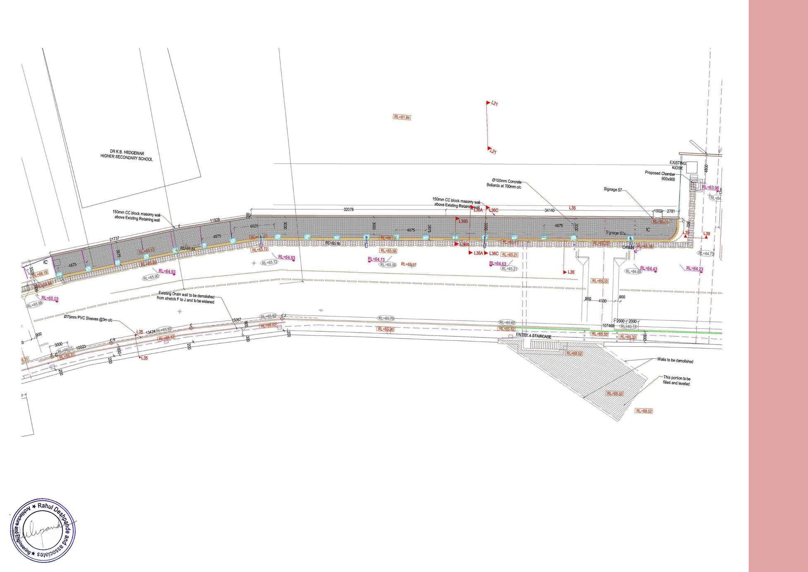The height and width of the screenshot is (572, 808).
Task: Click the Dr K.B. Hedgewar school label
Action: (x=126, y=155)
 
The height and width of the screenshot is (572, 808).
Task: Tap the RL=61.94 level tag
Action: (x=402, y=117)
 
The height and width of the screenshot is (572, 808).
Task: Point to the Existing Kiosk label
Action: (x=678, y=165)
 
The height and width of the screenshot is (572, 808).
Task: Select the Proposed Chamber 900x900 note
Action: (x=660, y=176)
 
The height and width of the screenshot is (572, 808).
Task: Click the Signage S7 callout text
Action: (x=613, y=190)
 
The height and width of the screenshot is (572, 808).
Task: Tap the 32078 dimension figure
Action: (x=349, y=210)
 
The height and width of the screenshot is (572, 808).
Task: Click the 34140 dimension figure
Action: (x=549, y=210)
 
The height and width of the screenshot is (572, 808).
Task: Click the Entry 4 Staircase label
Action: (x=534, y=337)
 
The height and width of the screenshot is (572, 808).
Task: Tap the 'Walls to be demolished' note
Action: (x=674, y=361)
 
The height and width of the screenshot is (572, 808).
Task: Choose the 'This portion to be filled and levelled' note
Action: (x=676, y=381)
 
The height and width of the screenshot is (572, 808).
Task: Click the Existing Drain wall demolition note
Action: (x=186, y=298)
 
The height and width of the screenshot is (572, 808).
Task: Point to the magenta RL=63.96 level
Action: (x=710, y=188)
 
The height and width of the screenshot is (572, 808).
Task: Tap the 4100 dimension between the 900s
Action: (x=602, y=301)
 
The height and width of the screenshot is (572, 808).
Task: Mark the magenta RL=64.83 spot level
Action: (x=287, y=258)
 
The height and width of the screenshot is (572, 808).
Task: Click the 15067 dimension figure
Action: (x=236, y=320)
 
